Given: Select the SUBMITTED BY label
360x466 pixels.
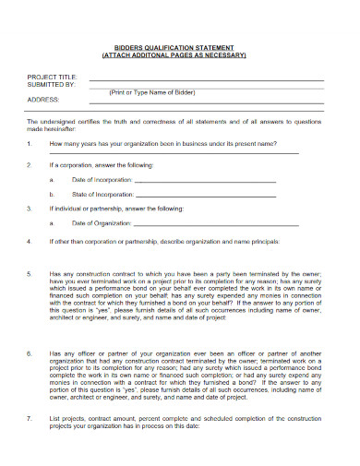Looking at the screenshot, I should point(52,85).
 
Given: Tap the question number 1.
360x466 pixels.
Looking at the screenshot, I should point(30,144).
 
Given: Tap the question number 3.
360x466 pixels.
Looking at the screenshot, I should point(30,209).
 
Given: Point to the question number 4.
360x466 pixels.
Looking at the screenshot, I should point(30,241).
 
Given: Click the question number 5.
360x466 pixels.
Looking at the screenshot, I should point(30,274).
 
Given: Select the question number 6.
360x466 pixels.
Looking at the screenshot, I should point(30,353).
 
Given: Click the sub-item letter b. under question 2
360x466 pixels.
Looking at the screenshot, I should point(52,196).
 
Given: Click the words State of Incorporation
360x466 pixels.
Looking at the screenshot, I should point(101,196).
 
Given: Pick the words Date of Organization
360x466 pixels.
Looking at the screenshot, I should point(102,223).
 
